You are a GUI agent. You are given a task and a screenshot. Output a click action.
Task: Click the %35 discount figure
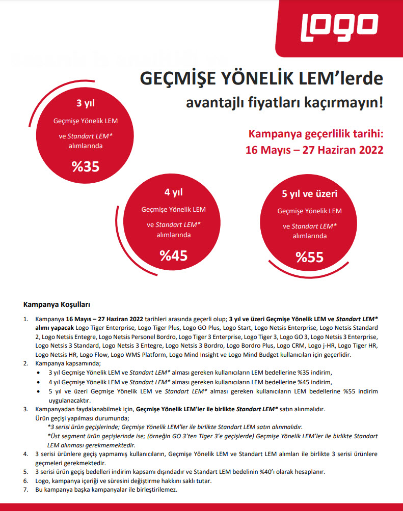click(85, 166)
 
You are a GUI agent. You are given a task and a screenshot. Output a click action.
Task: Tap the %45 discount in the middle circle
click(173, 255)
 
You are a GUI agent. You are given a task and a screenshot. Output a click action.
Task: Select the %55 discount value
click(309, 257)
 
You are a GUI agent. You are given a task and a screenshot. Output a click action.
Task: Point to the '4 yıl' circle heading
click(173, 192)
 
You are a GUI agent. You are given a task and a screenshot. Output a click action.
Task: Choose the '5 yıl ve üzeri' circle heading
click(309, 193)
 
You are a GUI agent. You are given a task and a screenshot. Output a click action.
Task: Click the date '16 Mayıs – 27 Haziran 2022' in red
click(314, 151)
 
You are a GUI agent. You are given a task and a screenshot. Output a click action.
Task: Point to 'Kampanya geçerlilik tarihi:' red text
click(315, 134)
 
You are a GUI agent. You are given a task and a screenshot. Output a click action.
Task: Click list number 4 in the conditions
click(26, 453)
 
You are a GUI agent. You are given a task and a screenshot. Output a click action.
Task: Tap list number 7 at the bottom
click(26, 489)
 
